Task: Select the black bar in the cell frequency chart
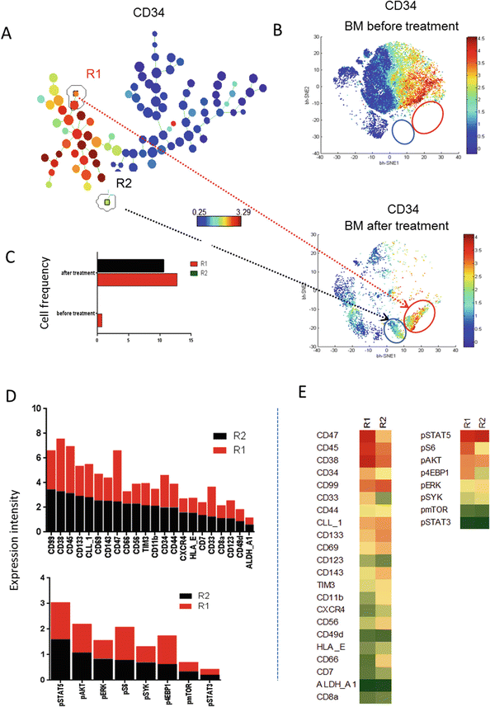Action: point(130,265)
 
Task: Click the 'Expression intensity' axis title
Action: point(11,544)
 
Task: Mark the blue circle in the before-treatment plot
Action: point(403,131)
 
